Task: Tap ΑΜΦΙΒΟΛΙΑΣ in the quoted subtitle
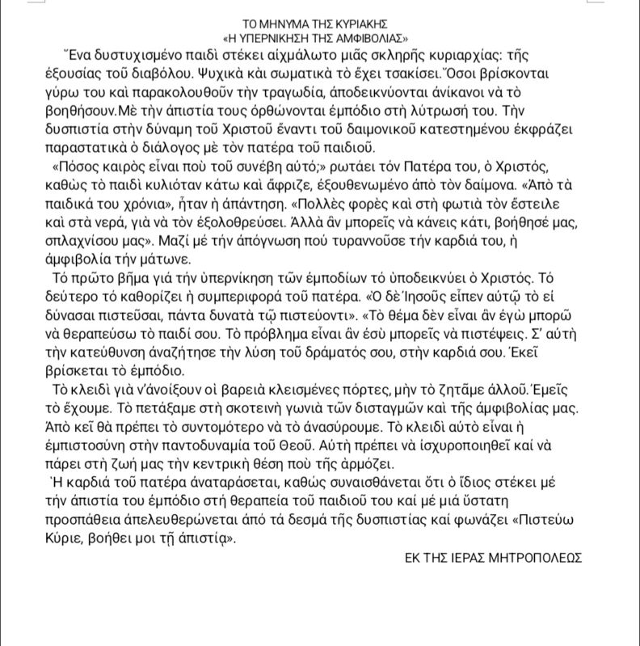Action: [x=364, y=37]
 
